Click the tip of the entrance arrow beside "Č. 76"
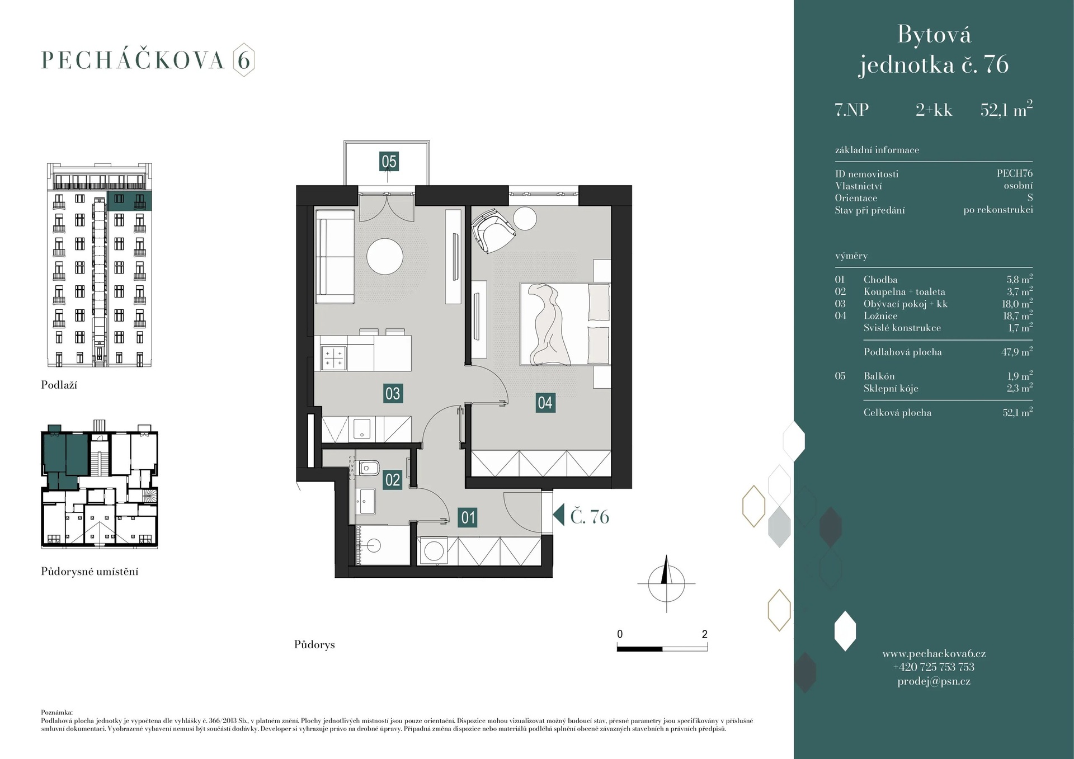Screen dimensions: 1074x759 tap(553, 515)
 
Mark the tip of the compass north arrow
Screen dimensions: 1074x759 tap(666, 555)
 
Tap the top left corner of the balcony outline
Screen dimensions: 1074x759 tap(344, 141)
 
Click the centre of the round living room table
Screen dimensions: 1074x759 tap(385, 257)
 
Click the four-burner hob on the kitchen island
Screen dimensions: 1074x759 tap(333, 358)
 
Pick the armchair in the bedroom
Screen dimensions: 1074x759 tap(492, 229)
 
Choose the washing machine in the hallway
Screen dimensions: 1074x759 tap(434, 551)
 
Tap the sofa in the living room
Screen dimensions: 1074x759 tap(335, 256)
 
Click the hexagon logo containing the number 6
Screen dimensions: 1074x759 tap(244, 60)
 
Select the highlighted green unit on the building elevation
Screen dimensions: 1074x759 tap(129, 201)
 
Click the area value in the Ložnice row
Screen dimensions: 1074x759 tap(1018, 315)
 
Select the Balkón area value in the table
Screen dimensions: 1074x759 tap(1020, 376)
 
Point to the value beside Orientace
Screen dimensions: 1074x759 tap(1030, 197)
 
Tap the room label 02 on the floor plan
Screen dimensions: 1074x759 tap(393, 480)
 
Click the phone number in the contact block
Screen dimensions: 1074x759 tap(934, 667)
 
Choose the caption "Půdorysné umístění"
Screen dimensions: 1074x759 tap(89, 572)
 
